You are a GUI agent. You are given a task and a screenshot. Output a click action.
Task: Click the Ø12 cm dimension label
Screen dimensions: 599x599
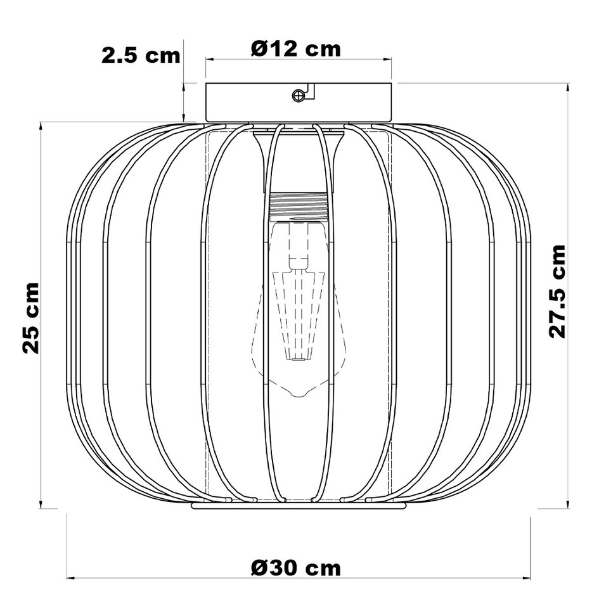[296, 48]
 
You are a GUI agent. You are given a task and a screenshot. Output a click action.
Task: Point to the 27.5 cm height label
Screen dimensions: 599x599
[557, 291]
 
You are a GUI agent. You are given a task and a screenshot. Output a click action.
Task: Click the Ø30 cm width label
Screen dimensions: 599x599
[295, 567]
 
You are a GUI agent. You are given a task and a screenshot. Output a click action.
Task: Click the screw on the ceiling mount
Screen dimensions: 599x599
[298, 95]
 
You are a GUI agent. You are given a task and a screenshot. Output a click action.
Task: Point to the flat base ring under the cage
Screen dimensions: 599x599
[298, 506]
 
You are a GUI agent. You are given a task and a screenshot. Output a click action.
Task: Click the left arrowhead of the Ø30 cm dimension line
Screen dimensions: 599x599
[71, 577]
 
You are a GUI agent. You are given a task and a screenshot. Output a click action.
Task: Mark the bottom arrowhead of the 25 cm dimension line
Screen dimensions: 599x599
[42, 504]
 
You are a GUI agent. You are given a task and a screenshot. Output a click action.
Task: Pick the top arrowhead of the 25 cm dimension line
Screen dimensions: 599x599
[42, 126]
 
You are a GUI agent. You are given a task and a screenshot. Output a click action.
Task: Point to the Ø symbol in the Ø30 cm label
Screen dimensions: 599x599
[259, 567]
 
